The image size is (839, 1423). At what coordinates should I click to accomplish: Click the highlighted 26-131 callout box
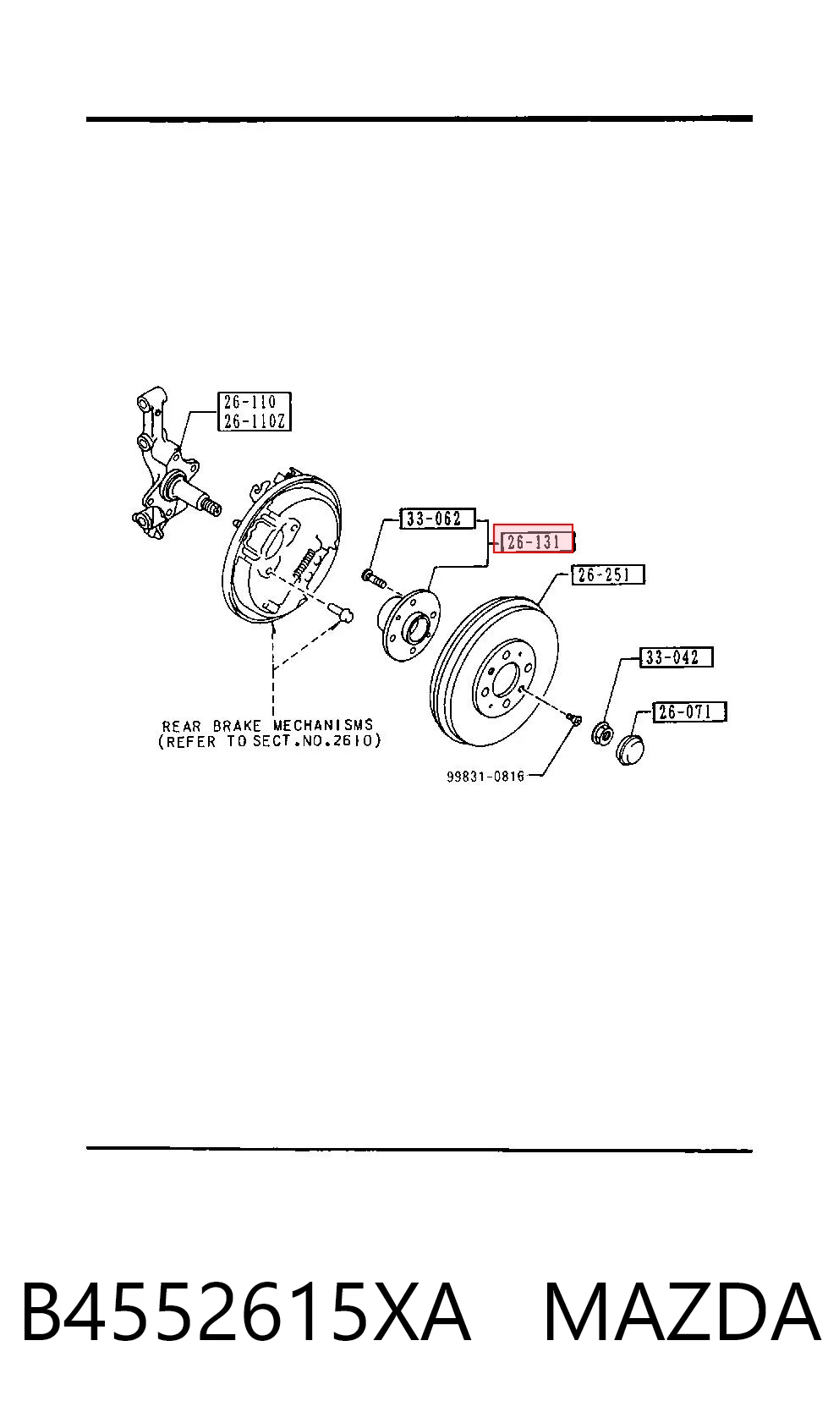pos(534,539)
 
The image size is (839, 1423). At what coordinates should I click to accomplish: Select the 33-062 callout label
pos(437,519)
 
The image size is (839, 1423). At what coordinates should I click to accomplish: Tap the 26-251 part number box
pos(608,574)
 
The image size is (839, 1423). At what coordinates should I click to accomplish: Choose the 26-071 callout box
pos(689,711)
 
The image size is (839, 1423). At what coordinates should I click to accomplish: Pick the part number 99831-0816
pos(485,776)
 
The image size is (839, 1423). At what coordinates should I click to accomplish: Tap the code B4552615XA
pos(246,1311)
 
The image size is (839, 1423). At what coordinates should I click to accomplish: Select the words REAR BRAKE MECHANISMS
pos(267,726)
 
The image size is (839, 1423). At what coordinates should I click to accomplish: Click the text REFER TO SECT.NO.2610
pos(269,741)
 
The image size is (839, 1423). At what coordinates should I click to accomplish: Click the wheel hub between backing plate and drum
pos(409,626)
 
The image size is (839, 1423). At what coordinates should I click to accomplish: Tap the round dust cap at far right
pos(629,749)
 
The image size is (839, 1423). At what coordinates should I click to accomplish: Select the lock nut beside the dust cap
pos(602,733)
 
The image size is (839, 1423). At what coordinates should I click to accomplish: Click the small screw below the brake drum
pos(573,718)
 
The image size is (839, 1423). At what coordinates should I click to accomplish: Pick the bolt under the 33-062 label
pos(374,578)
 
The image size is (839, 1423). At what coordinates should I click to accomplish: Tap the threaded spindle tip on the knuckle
pos(211,506)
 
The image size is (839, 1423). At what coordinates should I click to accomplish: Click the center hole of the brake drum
pos(506,679)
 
